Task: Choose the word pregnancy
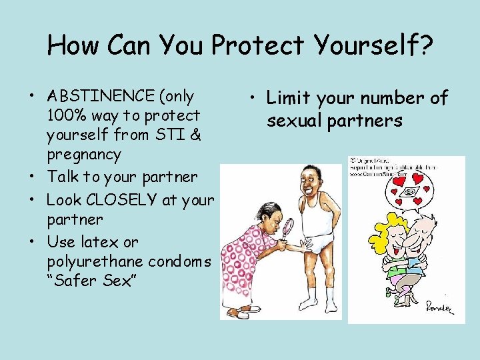click(84, 155)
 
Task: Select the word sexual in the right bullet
click(296, 121)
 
